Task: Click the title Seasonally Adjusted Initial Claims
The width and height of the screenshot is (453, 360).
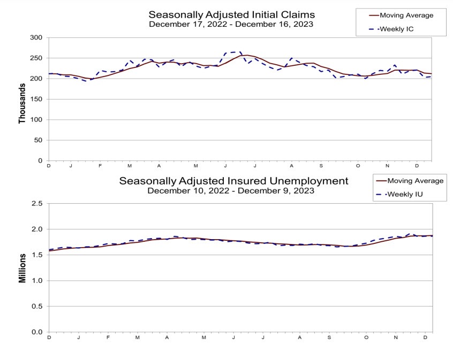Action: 231,14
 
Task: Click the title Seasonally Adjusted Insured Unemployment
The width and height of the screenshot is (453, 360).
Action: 233,181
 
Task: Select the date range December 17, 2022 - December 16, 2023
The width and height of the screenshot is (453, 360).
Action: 231,24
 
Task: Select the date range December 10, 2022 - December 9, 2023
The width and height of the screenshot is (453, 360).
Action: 231,190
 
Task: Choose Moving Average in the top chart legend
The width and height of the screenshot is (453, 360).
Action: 406,16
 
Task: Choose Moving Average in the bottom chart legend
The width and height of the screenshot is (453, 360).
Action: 415,181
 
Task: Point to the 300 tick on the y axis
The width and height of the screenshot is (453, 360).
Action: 36,37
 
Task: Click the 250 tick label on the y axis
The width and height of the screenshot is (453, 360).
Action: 36,58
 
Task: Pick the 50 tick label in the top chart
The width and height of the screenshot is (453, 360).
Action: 38,140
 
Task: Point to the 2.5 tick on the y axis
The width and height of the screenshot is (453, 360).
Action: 37,203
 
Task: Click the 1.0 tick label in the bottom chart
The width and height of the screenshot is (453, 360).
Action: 37,280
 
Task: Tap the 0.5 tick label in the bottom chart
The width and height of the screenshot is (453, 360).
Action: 37,306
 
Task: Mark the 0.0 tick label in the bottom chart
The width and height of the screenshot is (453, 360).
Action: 37,332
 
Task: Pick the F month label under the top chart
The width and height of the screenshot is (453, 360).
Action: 100,166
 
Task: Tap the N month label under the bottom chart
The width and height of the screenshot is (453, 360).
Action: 395,338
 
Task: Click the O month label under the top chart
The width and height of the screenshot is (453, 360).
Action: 358,166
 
